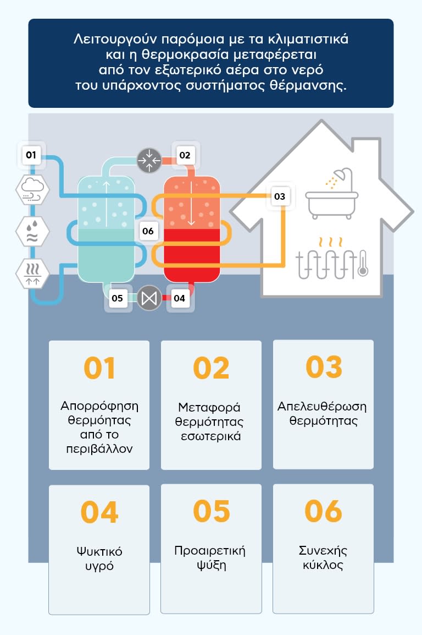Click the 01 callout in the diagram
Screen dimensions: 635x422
31,155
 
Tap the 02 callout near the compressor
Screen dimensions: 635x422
185,155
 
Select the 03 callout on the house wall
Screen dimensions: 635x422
280,196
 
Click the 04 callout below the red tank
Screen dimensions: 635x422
179,299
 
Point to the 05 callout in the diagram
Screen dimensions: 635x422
117,299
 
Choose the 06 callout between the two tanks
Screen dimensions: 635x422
148,231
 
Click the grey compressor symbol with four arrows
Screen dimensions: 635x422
149,160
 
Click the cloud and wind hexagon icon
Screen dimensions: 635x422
31,190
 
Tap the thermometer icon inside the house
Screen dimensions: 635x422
362,265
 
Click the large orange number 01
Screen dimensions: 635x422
99,368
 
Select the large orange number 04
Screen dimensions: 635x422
99,512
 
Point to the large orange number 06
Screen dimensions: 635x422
323,512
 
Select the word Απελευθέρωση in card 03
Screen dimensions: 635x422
322,407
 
